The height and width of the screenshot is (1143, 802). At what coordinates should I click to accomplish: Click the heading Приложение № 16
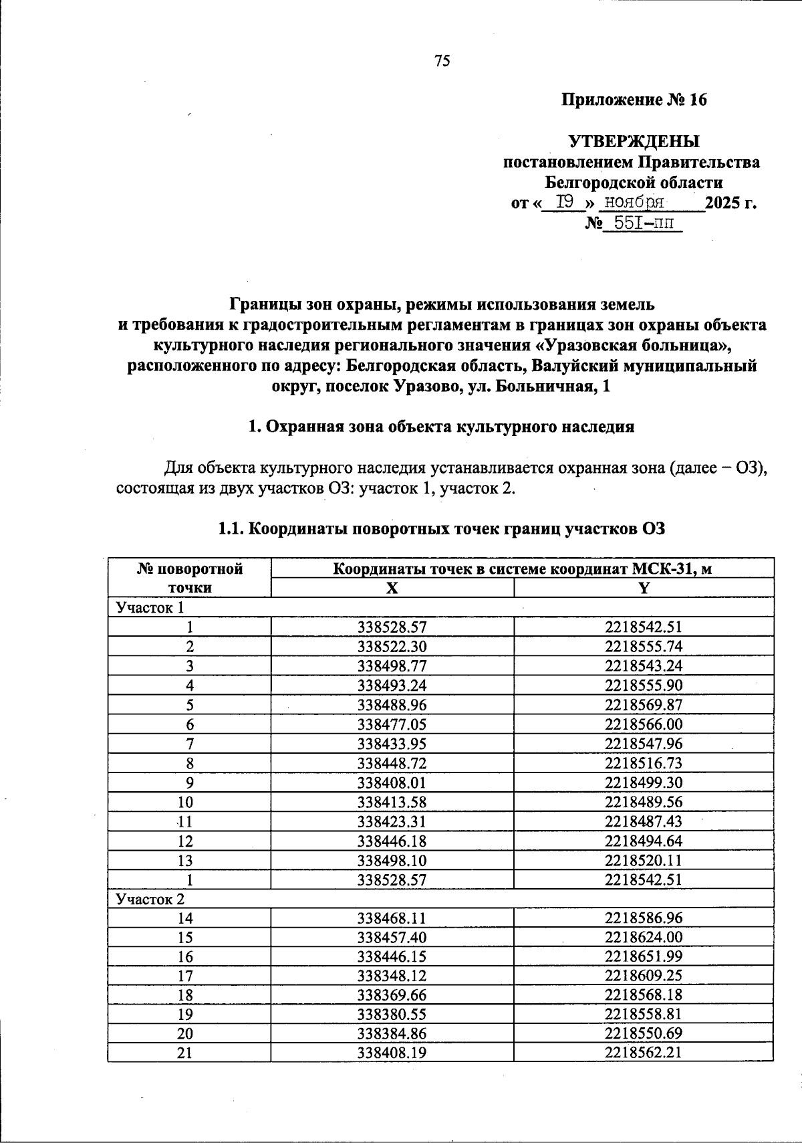634,100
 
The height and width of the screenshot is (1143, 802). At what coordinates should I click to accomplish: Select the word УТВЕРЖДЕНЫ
634,141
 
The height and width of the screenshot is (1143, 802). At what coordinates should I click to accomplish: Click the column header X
392,588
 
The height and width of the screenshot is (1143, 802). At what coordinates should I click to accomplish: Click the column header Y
644,588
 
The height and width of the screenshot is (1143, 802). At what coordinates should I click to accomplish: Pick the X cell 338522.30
392,646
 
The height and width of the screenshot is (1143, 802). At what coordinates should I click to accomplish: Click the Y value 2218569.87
644,705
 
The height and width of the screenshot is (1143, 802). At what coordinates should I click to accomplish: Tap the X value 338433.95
392,744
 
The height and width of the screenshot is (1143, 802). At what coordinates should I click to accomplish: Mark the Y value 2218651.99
644,956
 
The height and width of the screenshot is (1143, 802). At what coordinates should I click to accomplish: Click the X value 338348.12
392,976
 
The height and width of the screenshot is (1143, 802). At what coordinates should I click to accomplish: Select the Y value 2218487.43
644,821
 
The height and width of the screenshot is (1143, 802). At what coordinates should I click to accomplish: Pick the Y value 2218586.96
644,918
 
